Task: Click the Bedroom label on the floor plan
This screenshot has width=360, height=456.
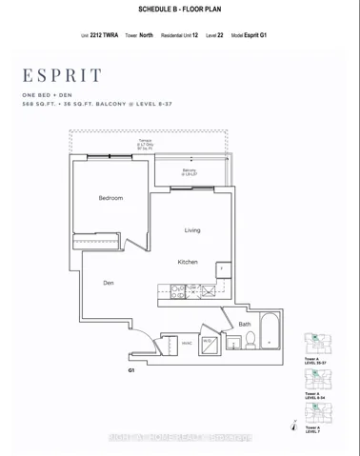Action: pos(110,198)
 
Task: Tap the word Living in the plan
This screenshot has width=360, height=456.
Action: pos(192,230)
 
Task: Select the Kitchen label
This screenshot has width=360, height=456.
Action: pos(187,262)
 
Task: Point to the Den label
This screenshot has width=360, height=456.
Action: pos(110,283)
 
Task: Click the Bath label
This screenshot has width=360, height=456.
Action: pos(244,324)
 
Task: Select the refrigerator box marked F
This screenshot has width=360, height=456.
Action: pos(222,269)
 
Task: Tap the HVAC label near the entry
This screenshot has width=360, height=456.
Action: pos(188,343)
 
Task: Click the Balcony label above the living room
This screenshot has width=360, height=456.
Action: pos(190,172)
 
